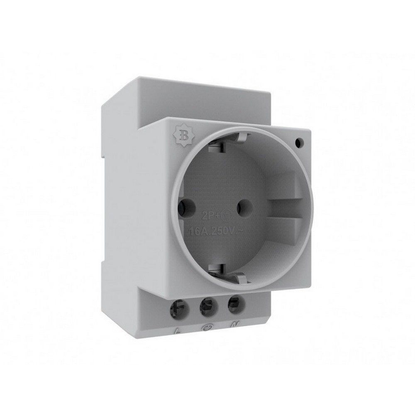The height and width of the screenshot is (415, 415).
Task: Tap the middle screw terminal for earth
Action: point(206,307)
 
